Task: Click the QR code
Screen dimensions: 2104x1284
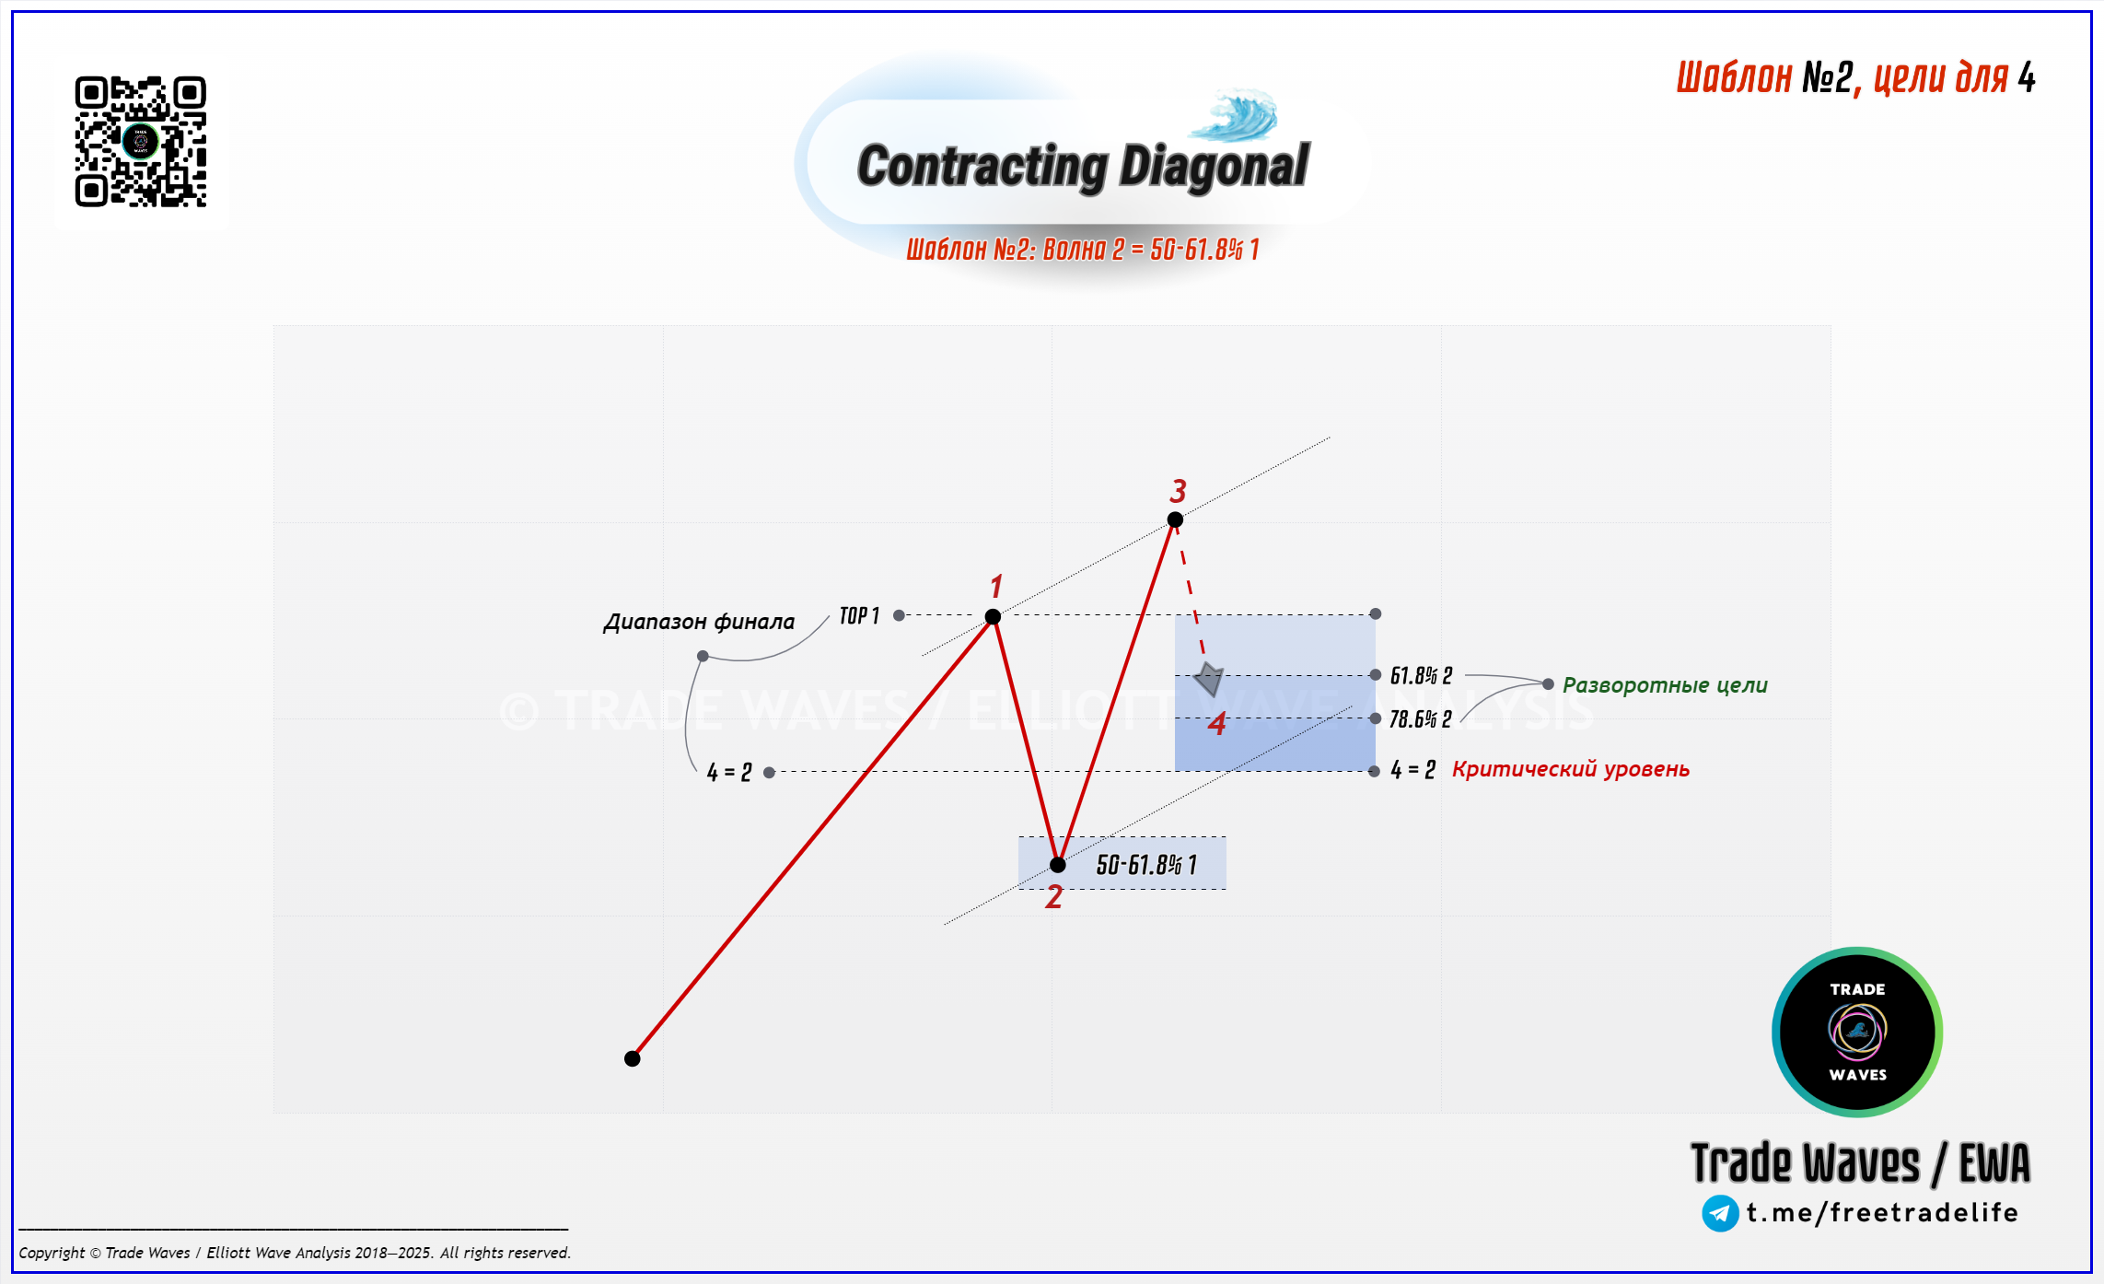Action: coord(141,141)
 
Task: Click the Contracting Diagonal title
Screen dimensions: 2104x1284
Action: coord(1083,167)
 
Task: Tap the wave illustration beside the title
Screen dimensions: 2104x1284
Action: coord(1234,115)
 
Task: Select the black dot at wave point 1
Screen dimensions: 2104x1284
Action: coord(993,616)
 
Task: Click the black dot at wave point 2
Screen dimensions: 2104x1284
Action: coord(1058,865)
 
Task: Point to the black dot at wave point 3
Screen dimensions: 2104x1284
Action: coord(1175,519)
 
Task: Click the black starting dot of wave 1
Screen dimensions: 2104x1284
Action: coord(632,1058)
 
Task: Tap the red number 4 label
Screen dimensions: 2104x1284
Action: coord(1217,724)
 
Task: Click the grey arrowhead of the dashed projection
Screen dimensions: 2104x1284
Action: coord(1209,679)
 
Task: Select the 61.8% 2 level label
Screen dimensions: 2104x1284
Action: coord(1421,676)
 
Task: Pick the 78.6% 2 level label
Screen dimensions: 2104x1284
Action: coord(1420,719)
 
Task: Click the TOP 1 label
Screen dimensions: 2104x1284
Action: coord(859,615)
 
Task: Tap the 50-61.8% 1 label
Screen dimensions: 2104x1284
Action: coord(1146,865)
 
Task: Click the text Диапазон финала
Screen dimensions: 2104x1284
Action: coord(699,622)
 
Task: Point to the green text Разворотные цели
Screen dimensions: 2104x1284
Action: coord(1665,685)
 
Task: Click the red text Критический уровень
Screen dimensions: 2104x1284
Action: coord(1571,769)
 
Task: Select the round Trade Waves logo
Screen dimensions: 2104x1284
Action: coord(1857,1032)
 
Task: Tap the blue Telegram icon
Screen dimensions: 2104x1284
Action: coord(1720,1213)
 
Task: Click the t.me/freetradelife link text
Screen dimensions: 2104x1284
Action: coord(1882,1212)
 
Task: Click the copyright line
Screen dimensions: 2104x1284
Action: coord(295,1253)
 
